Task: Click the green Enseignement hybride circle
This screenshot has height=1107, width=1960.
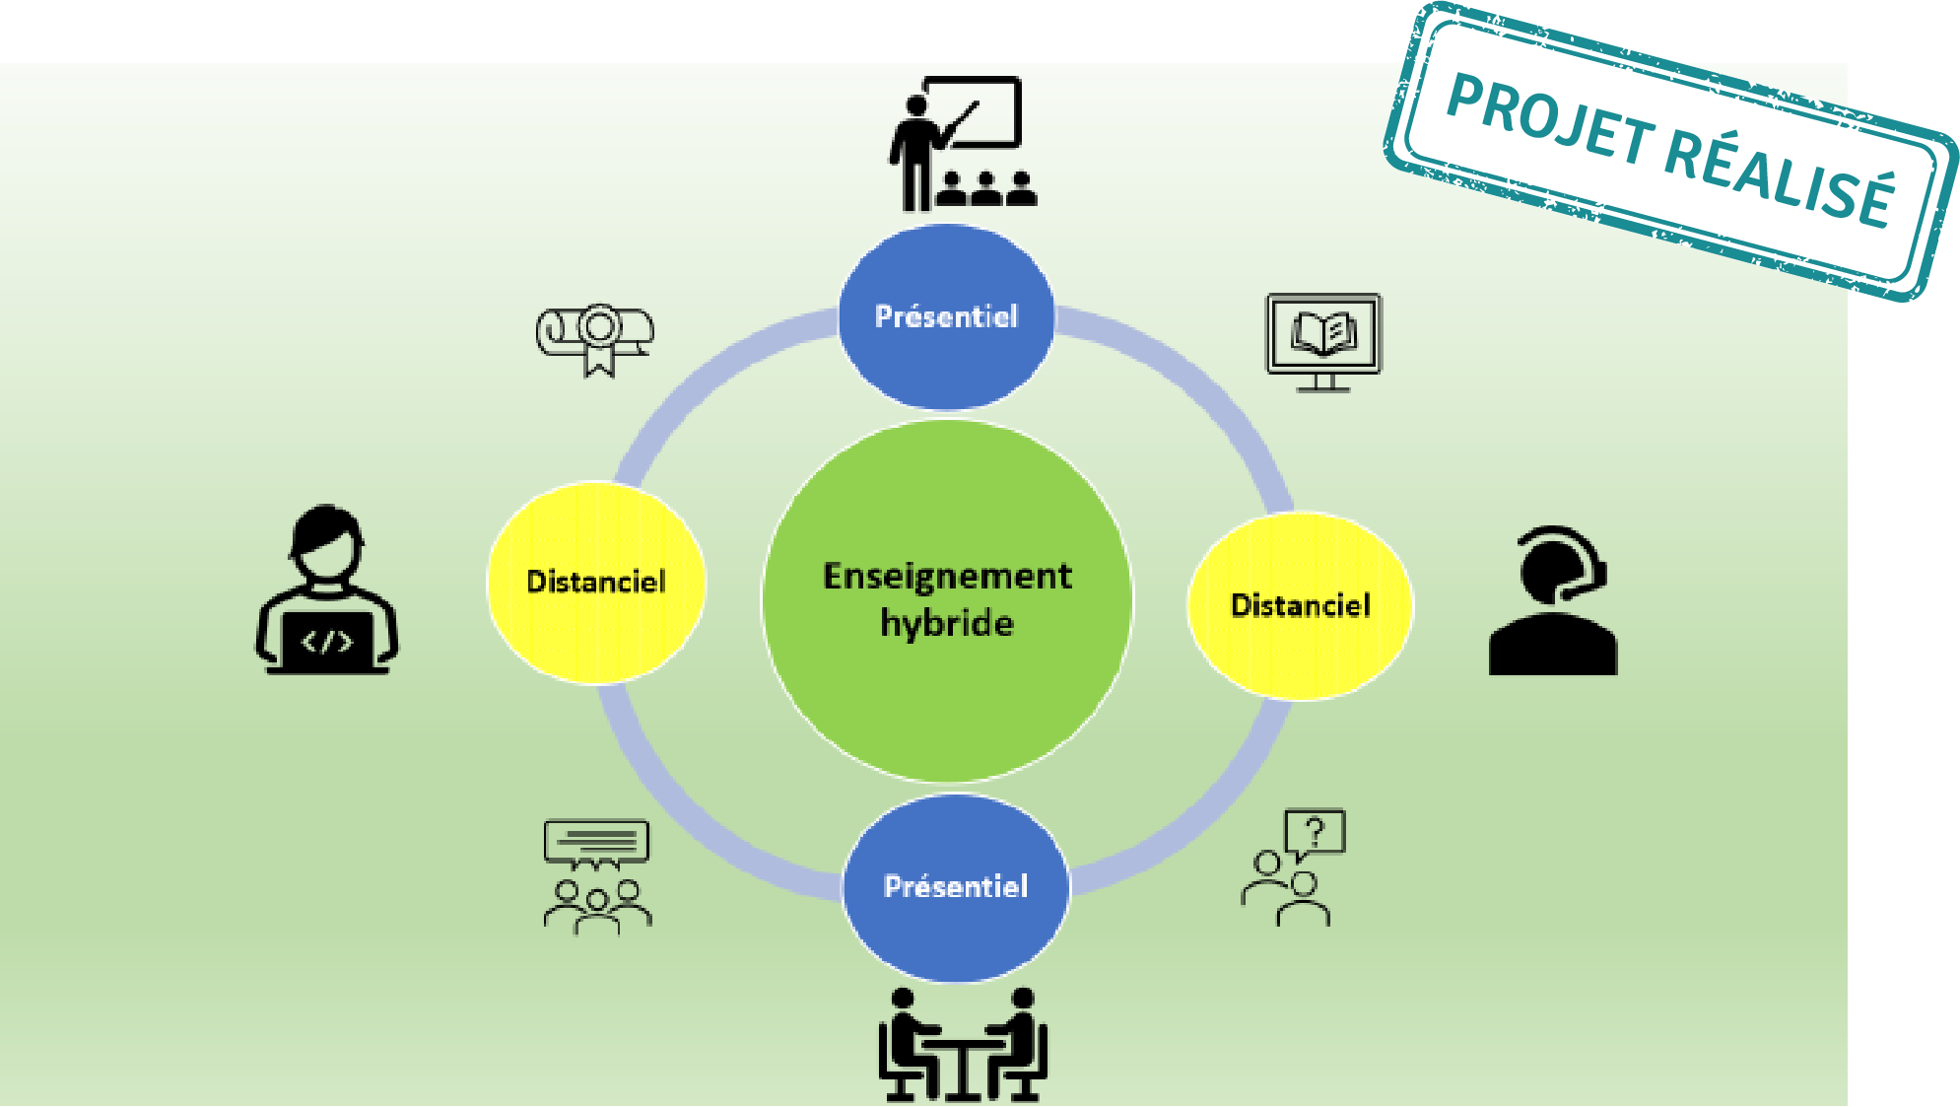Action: (x=947, y=600)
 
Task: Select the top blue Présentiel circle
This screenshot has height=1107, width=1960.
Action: (x=946, y=316)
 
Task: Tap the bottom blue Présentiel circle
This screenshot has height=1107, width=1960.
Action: (x=956, y=887)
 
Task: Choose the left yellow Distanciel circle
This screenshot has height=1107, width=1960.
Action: (x=596, y=583)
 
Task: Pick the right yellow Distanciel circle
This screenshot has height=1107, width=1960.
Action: (x=1301, y=605)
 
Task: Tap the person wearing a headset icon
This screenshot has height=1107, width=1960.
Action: (x=1553, y=600)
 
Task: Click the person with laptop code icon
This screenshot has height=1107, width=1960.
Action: (x=327, y=589)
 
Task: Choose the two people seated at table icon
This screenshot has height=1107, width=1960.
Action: (x=963, y=1045)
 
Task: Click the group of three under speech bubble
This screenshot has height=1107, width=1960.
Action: (x=597, y=875)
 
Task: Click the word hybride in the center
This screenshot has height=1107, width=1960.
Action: (x=947, y=624)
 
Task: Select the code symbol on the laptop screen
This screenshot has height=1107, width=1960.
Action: (x=326, y=643)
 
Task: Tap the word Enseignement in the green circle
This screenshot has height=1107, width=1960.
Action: (x=947, y=577)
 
